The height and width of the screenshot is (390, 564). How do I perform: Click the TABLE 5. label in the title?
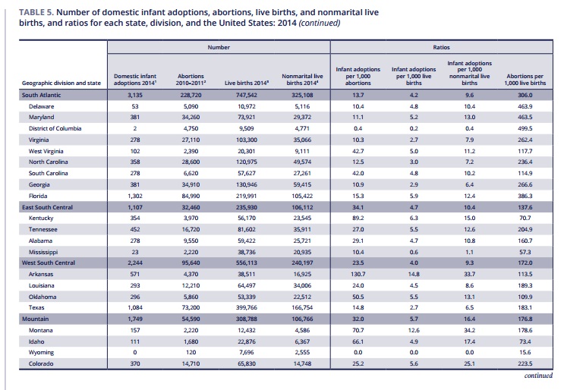(36, 12)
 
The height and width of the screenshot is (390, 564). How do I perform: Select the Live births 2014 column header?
(247, 83)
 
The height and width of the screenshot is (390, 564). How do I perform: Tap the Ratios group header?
(441, 47)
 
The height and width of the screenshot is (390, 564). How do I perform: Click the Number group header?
(219, 47)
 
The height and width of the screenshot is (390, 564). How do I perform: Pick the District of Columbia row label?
(55, 128)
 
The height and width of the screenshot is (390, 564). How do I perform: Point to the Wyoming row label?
(41, 352)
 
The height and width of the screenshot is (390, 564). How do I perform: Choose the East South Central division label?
(47, 207)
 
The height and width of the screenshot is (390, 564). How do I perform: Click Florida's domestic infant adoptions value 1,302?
(135, 196)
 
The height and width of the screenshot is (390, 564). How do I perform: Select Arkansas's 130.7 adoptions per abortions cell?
(358, 274)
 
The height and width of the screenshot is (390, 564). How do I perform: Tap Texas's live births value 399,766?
(247, 307)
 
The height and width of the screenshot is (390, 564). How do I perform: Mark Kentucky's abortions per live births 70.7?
(525, 218)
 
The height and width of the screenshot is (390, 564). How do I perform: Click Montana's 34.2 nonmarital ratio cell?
(469, 330)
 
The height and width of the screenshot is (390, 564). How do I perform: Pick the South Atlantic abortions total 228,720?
(191, 95)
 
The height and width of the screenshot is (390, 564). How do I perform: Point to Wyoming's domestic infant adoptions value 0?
(135, 352)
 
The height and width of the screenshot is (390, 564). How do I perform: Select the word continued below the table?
(538, 376)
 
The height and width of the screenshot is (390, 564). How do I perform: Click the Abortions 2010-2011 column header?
(191, 80)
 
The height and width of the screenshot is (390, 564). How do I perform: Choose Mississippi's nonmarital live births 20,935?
(302, 252)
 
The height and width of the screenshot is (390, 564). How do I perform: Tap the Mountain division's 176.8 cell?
(525, 319)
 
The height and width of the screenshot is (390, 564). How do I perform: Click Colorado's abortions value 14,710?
(191, 363)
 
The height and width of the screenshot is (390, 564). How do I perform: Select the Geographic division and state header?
(61, 83)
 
